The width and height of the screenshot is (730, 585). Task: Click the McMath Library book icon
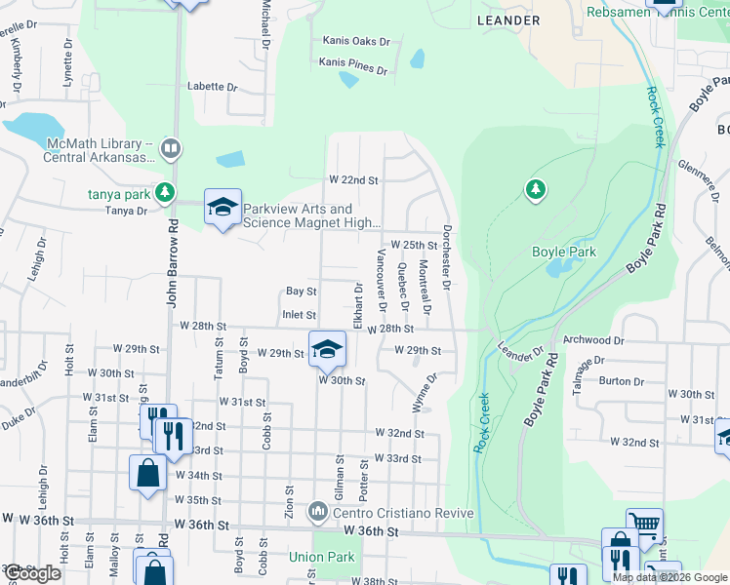point(171,148)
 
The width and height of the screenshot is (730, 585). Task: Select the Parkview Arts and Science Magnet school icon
point(223,207)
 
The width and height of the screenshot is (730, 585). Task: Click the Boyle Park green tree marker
point(535,188)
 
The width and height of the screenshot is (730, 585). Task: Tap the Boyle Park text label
point(563,252)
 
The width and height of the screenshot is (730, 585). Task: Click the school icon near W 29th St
point(328,348)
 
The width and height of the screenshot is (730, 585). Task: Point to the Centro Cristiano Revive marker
point(318,511)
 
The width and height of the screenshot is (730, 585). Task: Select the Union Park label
point(318,559)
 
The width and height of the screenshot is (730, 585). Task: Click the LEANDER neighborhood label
point(507,19)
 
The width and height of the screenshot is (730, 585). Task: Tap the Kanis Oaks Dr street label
point(356,42)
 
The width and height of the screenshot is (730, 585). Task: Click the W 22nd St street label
point(352,180)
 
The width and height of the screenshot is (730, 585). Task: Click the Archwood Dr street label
point(593,340)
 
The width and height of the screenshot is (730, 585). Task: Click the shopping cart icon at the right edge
point(644,525)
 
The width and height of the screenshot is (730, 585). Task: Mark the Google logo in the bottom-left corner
point(33,573)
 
